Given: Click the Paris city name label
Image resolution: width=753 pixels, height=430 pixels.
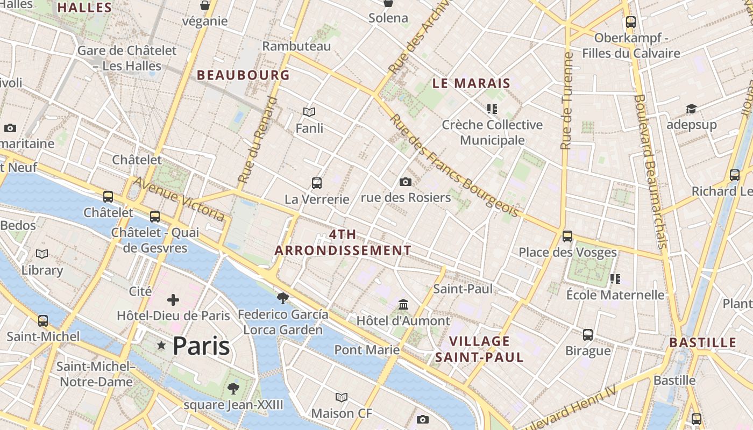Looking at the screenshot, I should pos(201,346).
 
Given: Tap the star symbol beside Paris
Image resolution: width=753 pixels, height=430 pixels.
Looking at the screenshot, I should pos(161,346).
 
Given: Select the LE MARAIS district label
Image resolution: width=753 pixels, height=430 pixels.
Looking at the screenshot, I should pos(471,83).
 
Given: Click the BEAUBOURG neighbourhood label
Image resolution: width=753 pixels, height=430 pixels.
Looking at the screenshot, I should pos(243,75).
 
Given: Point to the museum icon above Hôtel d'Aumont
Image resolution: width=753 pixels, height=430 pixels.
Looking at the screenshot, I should pos(403,305).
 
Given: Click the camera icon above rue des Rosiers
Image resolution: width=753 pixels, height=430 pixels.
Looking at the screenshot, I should pos(406,182).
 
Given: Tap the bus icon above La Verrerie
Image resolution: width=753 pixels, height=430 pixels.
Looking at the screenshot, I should pos(317,183).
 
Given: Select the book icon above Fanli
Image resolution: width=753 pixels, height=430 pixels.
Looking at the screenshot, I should pos(309,112).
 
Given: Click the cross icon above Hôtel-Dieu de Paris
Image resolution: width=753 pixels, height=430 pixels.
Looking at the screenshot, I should pos(173,300).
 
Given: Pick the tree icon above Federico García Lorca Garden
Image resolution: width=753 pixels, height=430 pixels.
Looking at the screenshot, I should pos(282,298).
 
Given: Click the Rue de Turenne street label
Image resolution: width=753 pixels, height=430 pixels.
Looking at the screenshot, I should pos(566,101).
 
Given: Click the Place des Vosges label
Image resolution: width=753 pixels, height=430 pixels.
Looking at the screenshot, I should pos(567,252).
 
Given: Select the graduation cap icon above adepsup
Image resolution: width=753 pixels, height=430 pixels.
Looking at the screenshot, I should pos(691,109).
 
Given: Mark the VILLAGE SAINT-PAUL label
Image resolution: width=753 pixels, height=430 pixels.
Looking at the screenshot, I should pos(479,349).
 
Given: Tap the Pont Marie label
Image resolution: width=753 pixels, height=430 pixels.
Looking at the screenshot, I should pos(367,350).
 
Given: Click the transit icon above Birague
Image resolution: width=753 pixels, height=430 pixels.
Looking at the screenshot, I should pos(588,334).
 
